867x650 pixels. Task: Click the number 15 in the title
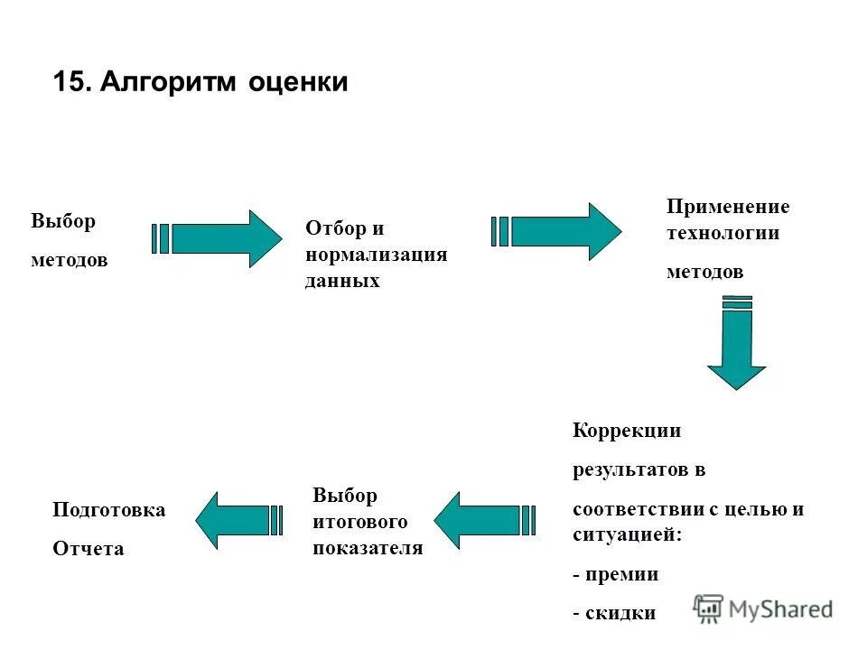tap(68, 82)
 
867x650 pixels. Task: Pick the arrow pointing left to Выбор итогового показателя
tap(482, 520)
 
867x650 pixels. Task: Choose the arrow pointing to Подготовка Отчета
tap(238, 520)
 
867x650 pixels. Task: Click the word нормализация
tap(376, 255)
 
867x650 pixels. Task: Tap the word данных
tap(342, 281)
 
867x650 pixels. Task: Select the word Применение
tap(728, 207)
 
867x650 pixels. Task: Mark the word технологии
tap(722, 233)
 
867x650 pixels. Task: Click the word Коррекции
tap(627, 431)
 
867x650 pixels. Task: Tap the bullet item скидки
tap(620, 613)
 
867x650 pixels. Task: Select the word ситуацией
tap(628, 534)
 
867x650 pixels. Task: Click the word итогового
tap(360, 522)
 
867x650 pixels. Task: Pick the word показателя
tap(368, 548)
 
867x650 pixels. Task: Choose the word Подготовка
tap(109, 510)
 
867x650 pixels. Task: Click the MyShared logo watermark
tap(763, 609)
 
